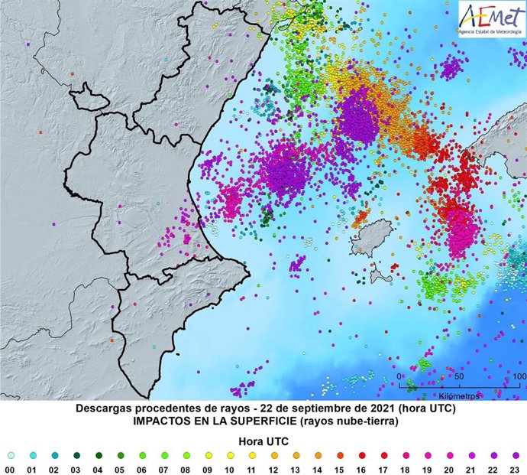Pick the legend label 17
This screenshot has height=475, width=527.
click(x=384, y=469)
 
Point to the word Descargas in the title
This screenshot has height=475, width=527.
click(x=106, y=409)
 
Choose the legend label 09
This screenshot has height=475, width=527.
click(x=208, y=469)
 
